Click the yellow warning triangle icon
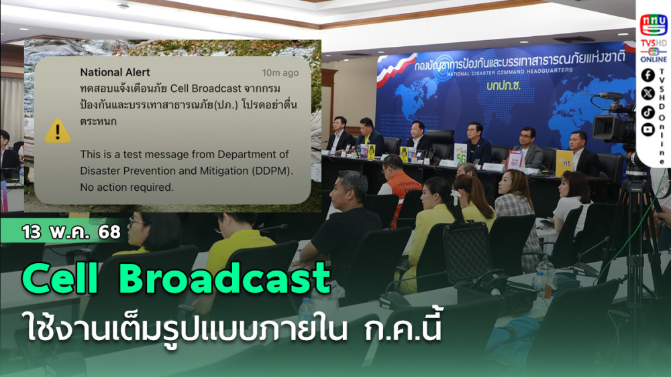pos(58,131)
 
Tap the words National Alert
pos(115,72)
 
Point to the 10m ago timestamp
pos(280,72)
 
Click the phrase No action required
pos(127,187)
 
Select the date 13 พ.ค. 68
pos(71,232)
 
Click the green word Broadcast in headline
pos(225,279)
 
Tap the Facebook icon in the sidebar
pos(648,75)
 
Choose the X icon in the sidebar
pos(648,93)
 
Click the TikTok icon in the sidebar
pos(648,111)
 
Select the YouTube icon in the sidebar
pos(648,129)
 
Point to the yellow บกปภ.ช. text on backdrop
pos(504,86)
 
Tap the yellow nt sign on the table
pos(564,163)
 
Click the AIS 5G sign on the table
pos(460,152)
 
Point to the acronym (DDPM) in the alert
pos(272,171)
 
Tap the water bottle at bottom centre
pos(306,312)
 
